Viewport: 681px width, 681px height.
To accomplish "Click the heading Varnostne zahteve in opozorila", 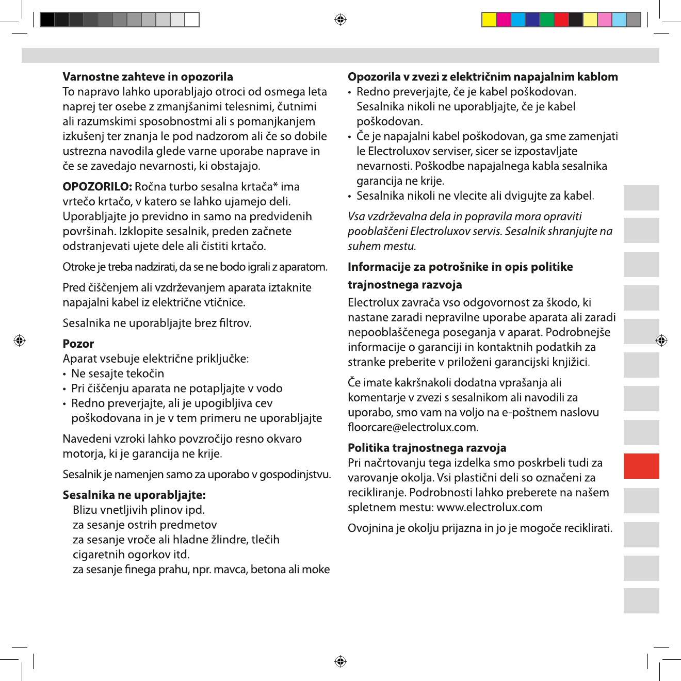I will click(x=148, y=77).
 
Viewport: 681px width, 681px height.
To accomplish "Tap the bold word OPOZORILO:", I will click(x=98, y=187).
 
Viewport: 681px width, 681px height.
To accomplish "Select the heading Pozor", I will click(x=78, y=344).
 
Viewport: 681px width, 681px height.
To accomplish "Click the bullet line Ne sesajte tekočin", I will click(x=118, y=374).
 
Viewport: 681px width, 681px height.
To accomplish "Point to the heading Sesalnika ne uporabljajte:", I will click(x=134, y=495).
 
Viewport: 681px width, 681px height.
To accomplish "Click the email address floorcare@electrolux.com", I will click(x=412, y=428).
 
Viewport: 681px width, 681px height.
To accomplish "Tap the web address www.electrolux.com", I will click(x=489, y=508).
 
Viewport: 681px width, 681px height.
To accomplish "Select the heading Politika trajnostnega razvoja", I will click(x=427, y=448).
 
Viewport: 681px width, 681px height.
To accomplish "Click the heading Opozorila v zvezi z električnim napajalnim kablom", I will click(x=482, y=77).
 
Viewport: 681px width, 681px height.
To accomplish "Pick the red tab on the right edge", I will click(x=641, y=466).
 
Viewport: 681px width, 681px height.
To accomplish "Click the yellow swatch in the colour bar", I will click(x=489, y=20).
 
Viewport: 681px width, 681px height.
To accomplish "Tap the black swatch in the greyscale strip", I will click(x=47, y=20).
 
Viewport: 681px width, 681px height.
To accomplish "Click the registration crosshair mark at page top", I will click(x=340, y=20).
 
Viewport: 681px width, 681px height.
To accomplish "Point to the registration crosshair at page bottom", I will click(x=340, y=661).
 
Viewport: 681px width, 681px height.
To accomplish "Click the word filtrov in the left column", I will click(x=235, y=323).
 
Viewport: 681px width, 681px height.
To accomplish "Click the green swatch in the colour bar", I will click(x=546, y=20).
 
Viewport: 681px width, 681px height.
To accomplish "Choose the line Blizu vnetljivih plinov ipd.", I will click(x=139, y=510).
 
